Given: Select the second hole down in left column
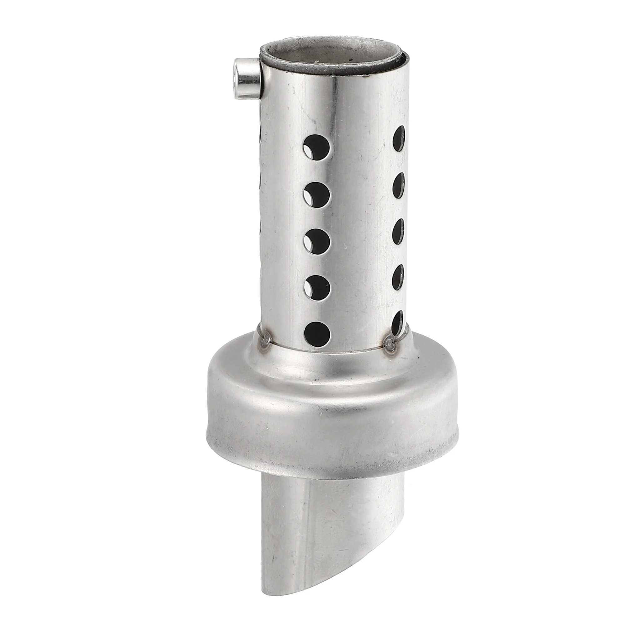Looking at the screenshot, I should (317, 195).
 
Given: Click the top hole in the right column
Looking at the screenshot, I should (399, 138).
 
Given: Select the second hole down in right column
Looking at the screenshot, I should (399, 185).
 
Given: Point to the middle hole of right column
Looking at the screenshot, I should (399, 232).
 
